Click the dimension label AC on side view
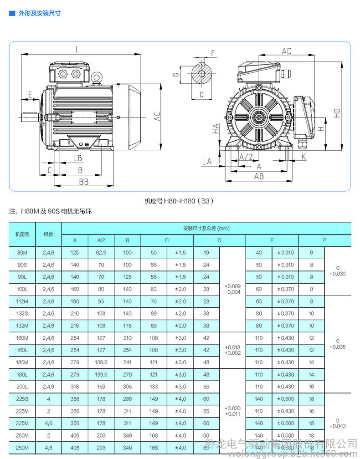pyautogui.click(x=156, y=117)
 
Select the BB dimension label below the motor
pyautogui.click(x=83, y=182)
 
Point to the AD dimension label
pyautogui.click(x=287, y=51)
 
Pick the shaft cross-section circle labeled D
pyautogui.click(x=201, y=74)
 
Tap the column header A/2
pyautogui.click(x=101, y=240)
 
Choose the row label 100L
pyautogui.click(x=22, y=289)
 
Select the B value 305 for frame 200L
pyautogui.click(x=127, y=387)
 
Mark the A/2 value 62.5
pyautogui.click(x=101, y=253)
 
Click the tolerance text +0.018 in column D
pyautogui.click(x=232, y=347)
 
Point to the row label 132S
pyautogui.click(x=22, y=313)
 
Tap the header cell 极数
pyautogui.click(x=48, y=234)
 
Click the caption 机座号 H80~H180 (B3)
pyautogui.click(x=179, y=200)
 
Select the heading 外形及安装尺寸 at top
pyautogui.click(x=39, y=13)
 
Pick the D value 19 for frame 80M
pyautogui.click(x=206, y=253)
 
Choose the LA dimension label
pyautogui.click(x=206, y=161)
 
